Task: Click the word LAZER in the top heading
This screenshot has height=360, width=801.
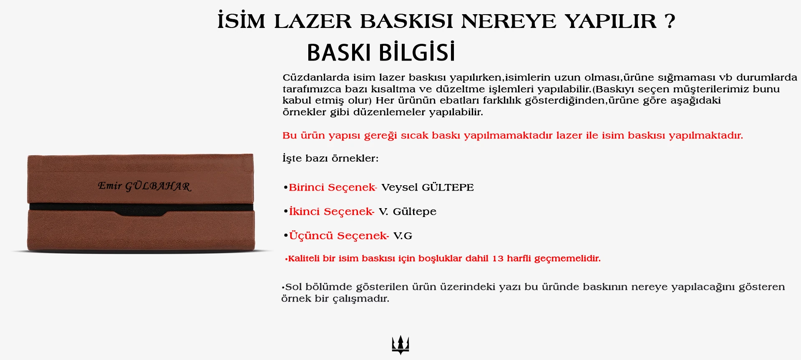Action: point(312,21)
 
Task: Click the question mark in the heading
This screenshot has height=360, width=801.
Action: point(670,21)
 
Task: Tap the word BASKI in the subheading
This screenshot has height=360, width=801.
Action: point(339,53)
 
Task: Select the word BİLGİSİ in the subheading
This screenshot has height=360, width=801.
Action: point(417,52)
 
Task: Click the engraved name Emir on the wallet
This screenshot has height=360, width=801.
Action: point(109,185)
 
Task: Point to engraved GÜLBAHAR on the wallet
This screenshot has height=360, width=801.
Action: point(158,186)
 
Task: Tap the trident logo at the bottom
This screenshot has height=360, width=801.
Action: point(400,345)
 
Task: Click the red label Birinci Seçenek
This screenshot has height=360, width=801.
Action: point(332,187)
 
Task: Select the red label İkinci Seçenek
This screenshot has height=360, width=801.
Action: point(332,211)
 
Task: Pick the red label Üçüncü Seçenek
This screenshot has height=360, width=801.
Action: point(339,236)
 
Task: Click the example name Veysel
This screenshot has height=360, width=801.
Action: point(399,187)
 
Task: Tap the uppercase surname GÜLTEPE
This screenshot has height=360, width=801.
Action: point(448,187)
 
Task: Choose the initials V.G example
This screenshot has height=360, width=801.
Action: point(403,236)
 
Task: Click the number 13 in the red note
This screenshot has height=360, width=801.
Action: point(498,259)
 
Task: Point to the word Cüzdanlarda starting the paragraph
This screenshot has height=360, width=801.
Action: point(316,78)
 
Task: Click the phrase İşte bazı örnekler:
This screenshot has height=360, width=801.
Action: point(330,158)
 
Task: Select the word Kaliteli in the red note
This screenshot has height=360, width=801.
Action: point(304,259)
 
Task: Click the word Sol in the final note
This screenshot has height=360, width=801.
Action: point(294,287)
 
